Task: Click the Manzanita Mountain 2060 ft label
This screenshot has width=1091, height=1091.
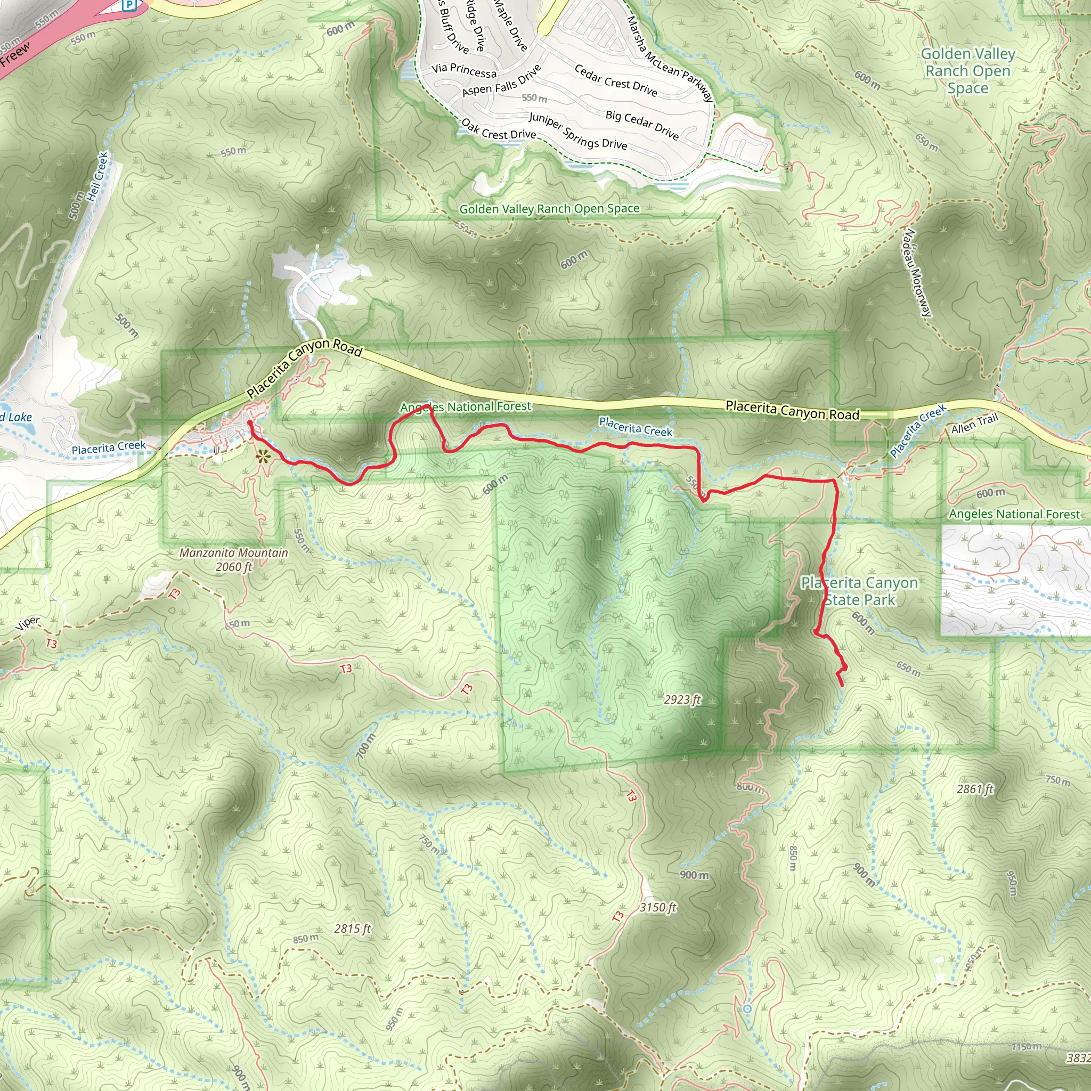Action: point(233,560)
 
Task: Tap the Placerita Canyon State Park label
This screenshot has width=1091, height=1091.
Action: point(859,591)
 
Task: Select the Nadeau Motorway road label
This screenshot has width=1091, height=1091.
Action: point(917,272)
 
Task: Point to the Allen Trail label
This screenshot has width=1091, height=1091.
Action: point(975,423)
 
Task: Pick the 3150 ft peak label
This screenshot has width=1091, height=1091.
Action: point(658,907)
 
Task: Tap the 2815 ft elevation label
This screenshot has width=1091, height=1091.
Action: point(352,929)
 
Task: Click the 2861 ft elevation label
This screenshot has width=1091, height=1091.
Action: point(975,789)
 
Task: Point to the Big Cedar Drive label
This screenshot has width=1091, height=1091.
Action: point(642,124)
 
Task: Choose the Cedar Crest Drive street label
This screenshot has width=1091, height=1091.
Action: point(615,80)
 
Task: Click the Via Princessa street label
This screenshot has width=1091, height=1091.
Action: point(463,70)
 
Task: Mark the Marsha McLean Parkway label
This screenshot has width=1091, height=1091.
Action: point(670,59)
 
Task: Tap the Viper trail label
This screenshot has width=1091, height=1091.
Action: point(28,622)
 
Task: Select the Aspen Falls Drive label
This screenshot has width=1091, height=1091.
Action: point(501,80)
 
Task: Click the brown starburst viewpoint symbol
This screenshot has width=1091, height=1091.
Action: point(262,457)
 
